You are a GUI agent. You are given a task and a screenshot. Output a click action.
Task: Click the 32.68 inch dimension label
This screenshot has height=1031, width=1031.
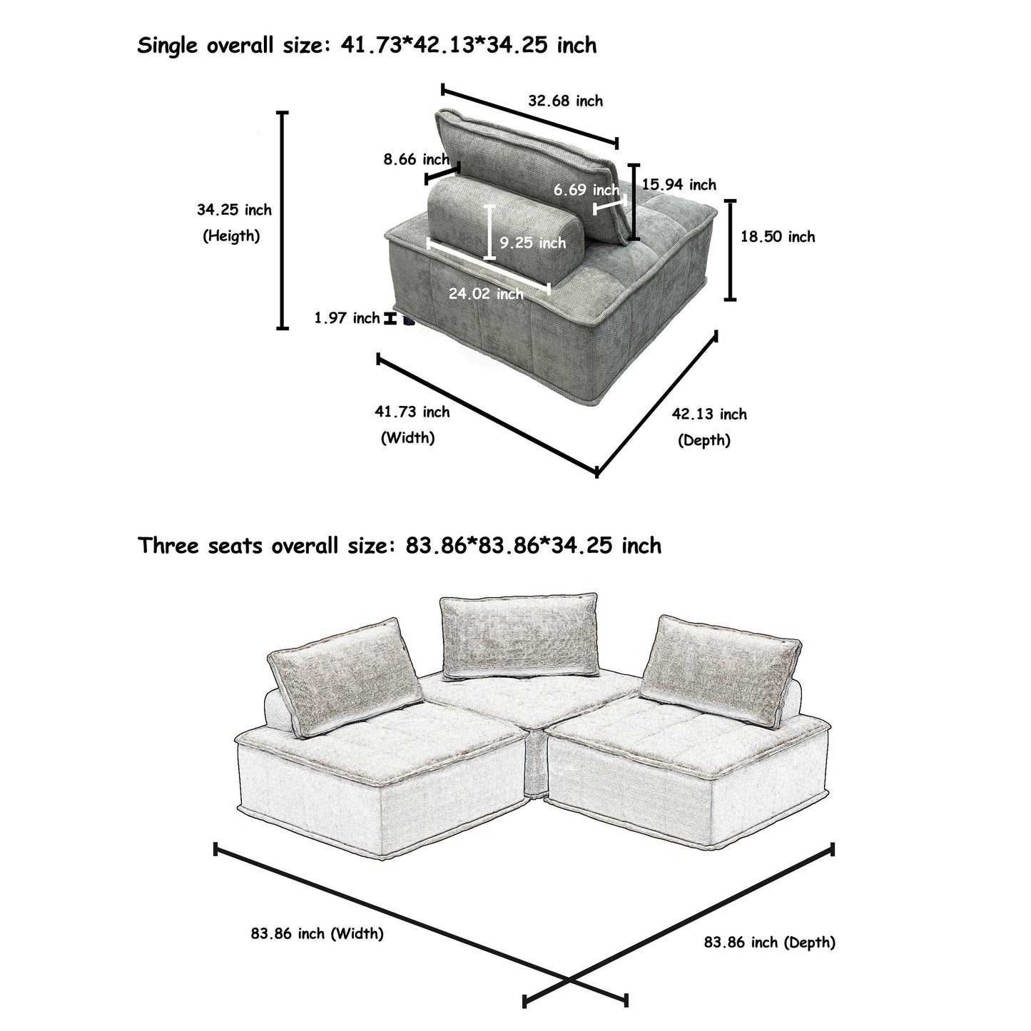(x=565, y=101)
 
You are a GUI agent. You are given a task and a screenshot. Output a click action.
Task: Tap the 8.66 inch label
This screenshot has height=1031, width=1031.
(x=416, y=159)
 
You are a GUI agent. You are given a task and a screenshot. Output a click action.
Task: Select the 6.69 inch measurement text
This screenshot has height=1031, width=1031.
(x=586, y=190)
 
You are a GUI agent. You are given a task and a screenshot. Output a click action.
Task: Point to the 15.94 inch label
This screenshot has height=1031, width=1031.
(x=679, y=185)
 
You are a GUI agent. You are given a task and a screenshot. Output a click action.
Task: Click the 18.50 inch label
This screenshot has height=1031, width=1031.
(x=777, y=237)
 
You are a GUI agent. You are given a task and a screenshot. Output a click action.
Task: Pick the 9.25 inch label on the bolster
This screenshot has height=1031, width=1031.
(x=532, y=243)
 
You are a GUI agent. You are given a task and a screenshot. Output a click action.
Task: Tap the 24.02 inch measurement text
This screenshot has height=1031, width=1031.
(x=486, y=293)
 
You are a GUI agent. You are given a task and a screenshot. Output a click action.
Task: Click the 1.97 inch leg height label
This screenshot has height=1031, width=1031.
(x=347, y=318)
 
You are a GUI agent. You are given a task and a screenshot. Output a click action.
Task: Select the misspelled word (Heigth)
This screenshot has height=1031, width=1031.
(x=231, y=236)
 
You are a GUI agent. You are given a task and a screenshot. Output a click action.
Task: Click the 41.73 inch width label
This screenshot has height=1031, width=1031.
(x=412, y=412)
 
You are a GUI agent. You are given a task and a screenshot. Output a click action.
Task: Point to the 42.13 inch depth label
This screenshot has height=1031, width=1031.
(x=709, y=415)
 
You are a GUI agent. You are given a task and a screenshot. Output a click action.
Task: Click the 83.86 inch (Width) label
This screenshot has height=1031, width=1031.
(x=317, y=933)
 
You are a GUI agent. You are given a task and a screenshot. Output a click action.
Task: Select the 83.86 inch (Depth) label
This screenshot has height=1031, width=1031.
(x=769, y=943)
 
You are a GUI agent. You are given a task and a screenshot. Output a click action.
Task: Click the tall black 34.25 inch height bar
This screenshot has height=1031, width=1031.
(x=283, y=220)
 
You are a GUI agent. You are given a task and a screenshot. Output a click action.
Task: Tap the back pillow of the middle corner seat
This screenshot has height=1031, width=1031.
(x=519, y=636)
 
